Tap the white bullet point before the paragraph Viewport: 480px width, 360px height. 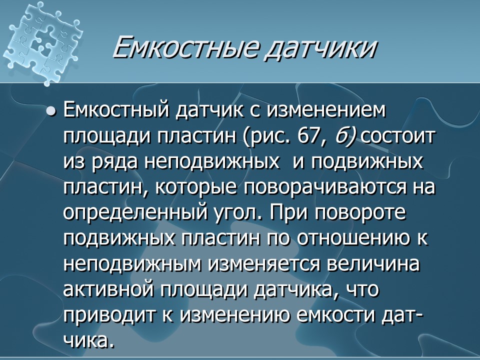[50, 111]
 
